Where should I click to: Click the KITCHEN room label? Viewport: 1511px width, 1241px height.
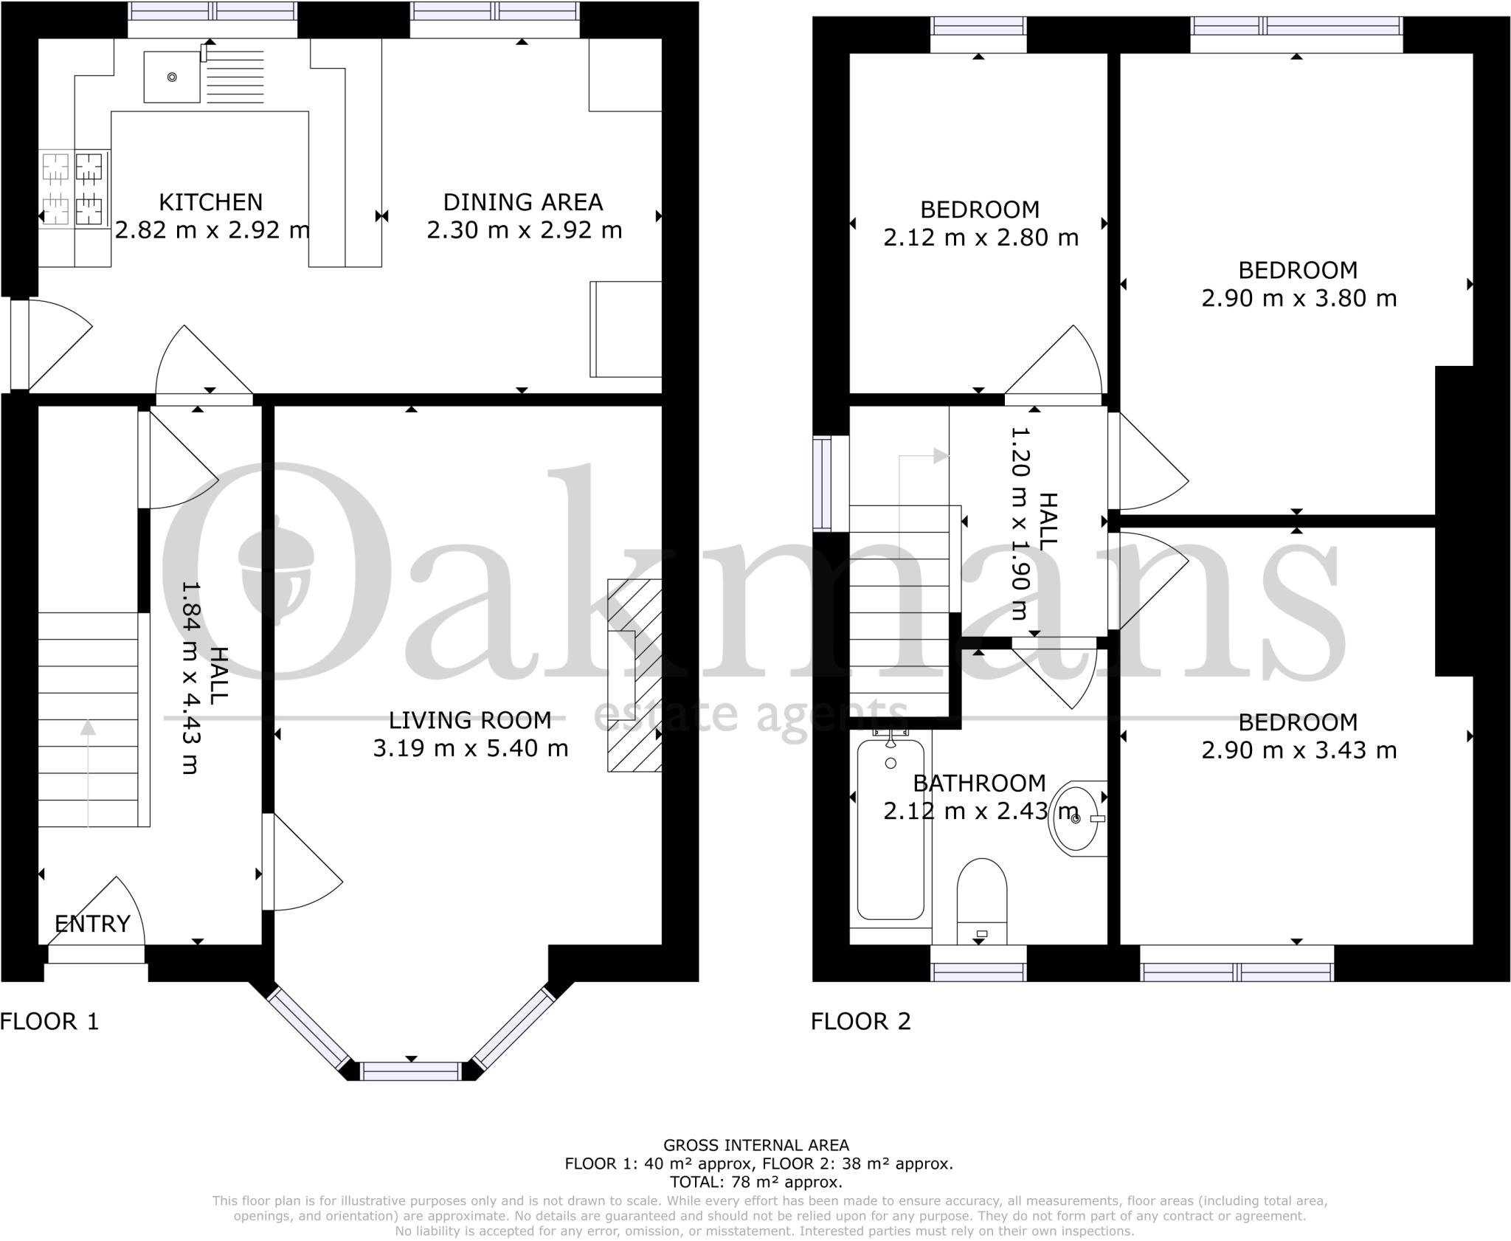coord(210,202)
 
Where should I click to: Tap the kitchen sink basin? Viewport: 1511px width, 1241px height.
coord(172,77)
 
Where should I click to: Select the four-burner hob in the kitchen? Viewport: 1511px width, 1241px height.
coord(75,187)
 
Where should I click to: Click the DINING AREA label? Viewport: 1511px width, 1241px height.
coord(523,202)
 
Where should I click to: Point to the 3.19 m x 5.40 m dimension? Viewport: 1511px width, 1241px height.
coord(471,748)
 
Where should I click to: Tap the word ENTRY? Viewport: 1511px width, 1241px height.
coord(92,924)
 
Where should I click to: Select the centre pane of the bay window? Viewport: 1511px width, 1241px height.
coord(411,1070)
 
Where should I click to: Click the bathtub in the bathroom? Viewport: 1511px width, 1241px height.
coord(891,830)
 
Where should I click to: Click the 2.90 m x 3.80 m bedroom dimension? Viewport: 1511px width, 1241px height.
coord(1299,298)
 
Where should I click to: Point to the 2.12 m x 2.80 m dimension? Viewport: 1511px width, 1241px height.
coord(981,238)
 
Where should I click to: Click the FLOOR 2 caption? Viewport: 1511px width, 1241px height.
coord(860,1022)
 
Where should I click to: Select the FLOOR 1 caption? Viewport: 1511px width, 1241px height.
coord(49,1022)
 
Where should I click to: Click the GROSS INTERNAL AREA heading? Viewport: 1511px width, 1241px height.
coord(756,1145)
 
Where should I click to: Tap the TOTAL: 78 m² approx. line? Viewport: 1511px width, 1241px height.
coord(756,1182)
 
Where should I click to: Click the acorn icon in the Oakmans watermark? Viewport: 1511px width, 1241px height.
coord(278,566)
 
